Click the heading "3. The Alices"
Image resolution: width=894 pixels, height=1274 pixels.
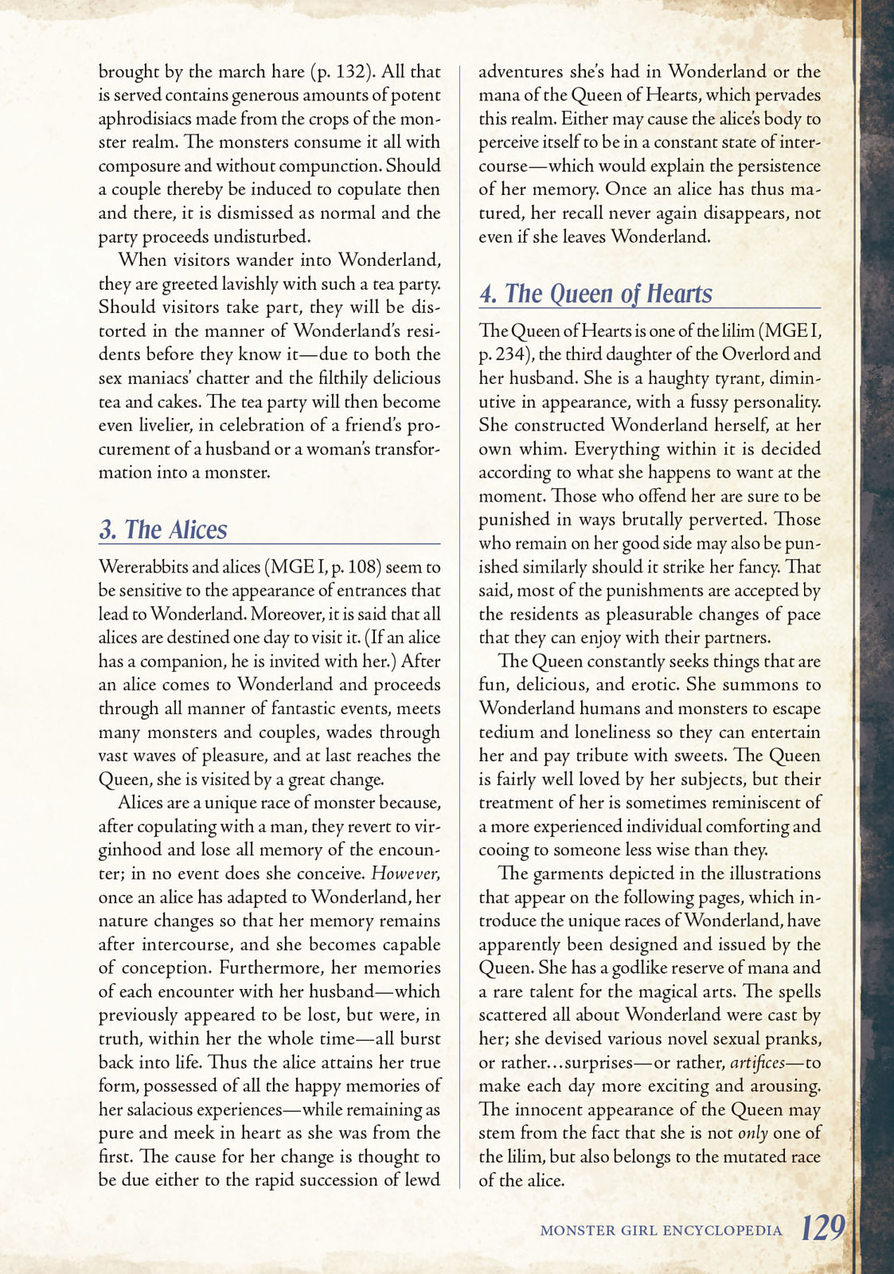pos(163,530)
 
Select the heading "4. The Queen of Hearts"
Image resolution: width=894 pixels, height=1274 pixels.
pos(595,294)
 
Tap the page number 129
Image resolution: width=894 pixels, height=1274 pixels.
pos(822,1229)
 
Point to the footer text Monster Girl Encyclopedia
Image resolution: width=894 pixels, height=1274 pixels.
pos(661,1230)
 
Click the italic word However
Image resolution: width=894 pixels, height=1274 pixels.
pos(405,873)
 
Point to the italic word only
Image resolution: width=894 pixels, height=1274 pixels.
pos(752,1133)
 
